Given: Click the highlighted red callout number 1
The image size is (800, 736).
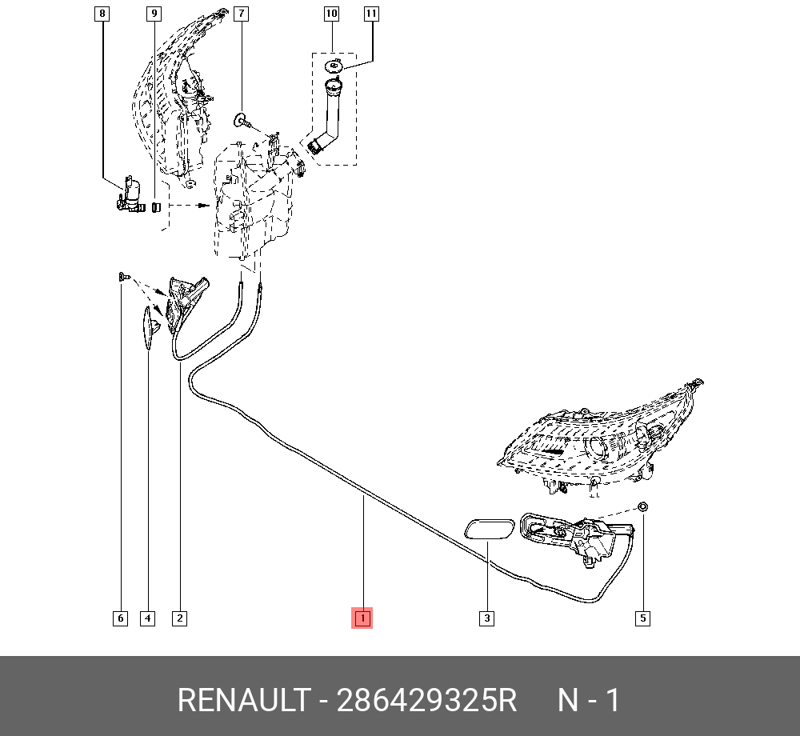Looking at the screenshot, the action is (362, 618).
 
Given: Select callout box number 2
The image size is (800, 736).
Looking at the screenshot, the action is (179, 618).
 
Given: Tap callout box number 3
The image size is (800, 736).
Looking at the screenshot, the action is (486, 618).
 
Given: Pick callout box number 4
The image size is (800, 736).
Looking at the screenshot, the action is (147, 618).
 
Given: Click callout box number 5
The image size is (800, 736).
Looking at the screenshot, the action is (642, 618).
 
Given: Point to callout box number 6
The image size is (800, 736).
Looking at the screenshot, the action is (121, 618).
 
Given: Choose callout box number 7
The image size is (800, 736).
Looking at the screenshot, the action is (242, 14).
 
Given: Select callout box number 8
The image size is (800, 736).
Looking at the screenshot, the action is (102, 14).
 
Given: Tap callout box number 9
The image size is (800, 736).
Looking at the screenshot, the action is (154, 14).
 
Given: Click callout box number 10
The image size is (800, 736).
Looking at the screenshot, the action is (332, 14).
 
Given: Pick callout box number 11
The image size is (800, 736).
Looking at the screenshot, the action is (371, 14).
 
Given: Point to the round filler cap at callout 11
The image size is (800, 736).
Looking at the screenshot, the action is (334, 66).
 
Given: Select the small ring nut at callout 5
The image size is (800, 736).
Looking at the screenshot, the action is (643, 507).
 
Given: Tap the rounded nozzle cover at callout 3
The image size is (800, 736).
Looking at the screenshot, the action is (489, 529).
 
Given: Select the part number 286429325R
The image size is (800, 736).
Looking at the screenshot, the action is (426, 700).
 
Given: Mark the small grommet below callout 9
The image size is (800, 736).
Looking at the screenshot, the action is (157, 206).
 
